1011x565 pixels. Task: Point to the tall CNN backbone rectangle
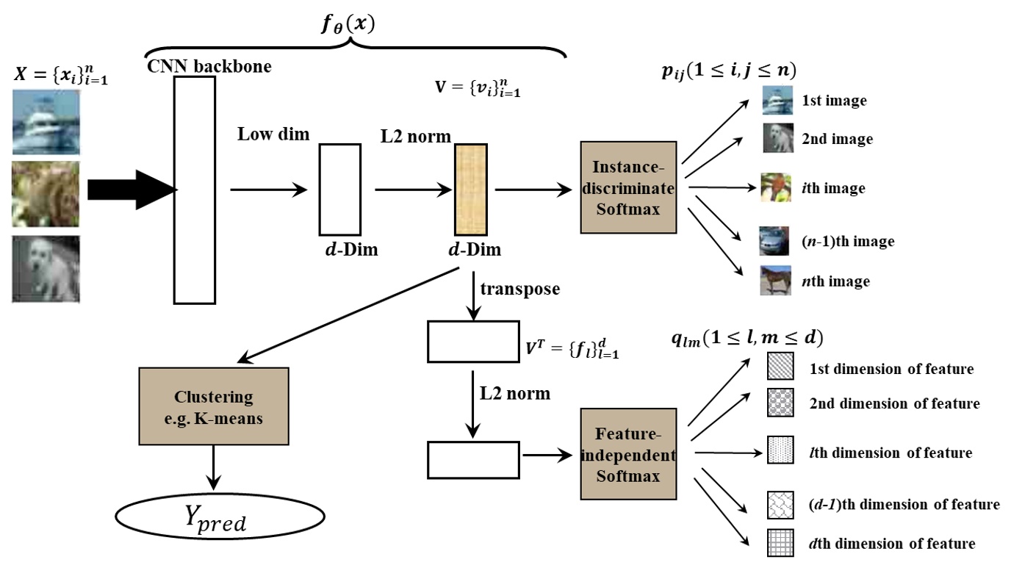tap(195, 190)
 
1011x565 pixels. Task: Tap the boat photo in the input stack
tap(46, 120)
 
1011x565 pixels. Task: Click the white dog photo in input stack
tap(46, 269)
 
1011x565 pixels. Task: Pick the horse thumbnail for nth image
tap(776, 281)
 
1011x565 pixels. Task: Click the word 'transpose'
tap(519, 289)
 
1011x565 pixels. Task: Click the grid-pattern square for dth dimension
tap(780, 543)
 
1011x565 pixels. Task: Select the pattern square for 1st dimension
tap(780, 367)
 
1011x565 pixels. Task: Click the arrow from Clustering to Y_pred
tap(214, 467)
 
